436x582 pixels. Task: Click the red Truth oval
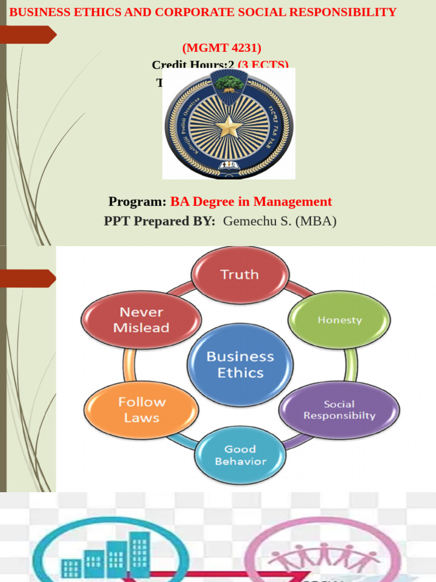(x=240, y=275)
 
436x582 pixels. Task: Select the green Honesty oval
(x=339, y=320)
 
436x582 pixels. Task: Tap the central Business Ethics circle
(x=240, y=364)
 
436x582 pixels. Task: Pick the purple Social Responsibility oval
(x=339, y=410)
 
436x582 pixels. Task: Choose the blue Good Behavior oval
(x=240, y=455)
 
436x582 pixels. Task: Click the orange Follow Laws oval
(x=141, y=410)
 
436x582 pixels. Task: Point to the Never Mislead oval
(x=141, y=320)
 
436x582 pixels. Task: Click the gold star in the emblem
(x=229, y=126)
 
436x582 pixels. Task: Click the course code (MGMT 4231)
(x=222, y=48)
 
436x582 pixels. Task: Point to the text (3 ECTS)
(x=263, y=65)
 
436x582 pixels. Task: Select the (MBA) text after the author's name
(x=316, y=221)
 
